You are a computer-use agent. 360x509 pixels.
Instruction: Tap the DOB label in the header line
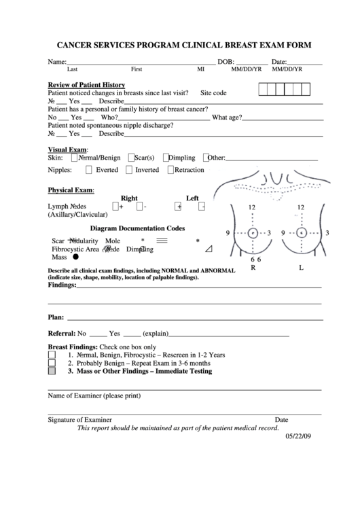point(226,62)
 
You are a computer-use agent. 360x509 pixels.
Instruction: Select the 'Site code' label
point(214,92)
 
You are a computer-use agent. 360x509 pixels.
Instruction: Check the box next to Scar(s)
point(130,158)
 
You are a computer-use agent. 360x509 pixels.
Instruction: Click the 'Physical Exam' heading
point(71,190)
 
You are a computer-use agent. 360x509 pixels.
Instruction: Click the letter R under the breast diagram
point(253,268)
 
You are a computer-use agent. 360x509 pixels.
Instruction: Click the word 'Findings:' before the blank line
point(62,286)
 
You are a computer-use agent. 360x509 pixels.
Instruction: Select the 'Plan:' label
point(56,317)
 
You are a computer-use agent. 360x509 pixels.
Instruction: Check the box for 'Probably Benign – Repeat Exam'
point(52,364)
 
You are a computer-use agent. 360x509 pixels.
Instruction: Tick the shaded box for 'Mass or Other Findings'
point(52,372)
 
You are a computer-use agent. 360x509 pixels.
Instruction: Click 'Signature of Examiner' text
point(79,420)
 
